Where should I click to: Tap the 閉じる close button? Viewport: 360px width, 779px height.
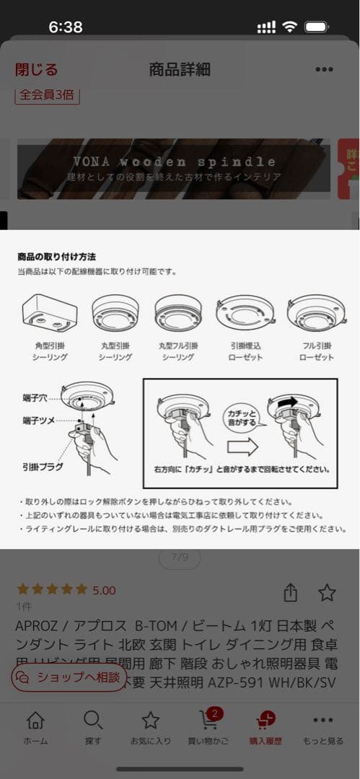pos(36,69)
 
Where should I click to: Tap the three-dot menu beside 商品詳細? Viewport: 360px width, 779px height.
pos(324,69)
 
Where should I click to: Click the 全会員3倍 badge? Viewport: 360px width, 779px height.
pos(47,94)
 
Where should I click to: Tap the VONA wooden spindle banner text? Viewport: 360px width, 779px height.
pos(174,162)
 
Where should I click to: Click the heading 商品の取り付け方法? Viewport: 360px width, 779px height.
pos(56,256)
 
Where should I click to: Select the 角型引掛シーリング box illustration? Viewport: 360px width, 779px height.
pos(49,312)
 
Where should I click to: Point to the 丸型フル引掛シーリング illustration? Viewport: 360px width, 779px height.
pos(178,312)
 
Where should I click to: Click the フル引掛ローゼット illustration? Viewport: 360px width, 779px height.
pos(317,312)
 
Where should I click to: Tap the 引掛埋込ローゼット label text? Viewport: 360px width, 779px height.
pos(245,351)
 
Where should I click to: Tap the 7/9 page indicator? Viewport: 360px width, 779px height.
pos(179,557)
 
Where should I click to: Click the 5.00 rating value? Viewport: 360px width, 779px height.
pos(104,590)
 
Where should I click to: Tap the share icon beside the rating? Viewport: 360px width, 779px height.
pos(290,592)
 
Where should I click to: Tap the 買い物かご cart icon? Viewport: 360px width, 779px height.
pos(209,721)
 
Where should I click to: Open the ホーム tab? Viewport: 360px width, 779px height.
pos(35,727)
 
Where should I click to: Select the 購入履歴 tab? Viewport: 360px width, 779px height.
pos(265,727)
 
